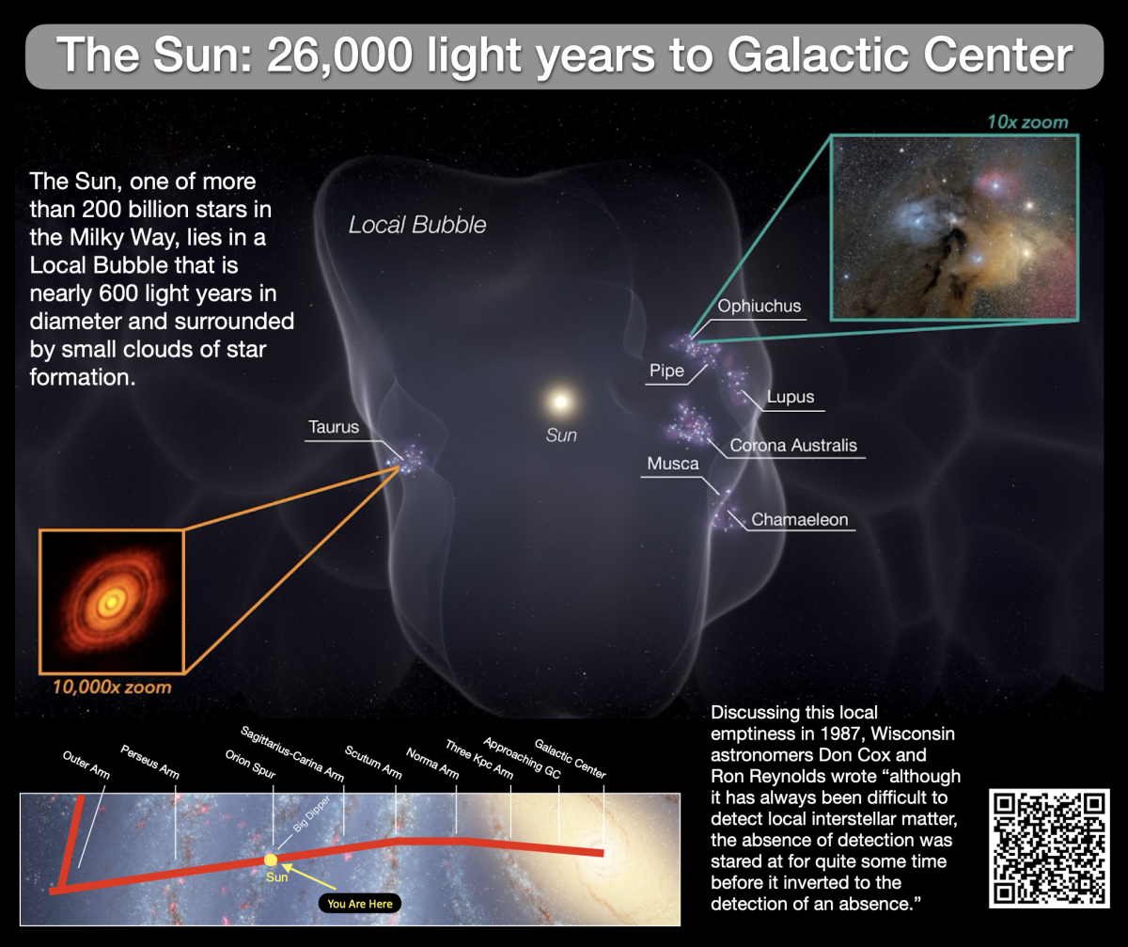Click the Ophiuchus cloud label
[x=760, y=307]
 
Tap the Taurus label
[x=334, y=427]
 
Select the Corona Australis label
[x=793, y=445]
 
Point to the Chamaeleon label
[x=799, y=519]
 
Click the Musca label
[x=673, y=464]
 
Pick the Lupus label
[x=790, y=397]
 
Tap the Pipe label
[x=666, y=371]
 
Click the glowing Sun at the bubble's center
[x=560, y=402]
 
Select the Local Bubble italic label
[x=417, y=226]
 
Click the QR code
[x=1049, y=848]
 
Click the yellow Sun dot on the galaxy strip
[x=272, y=860]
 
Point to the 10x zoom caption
[x=1027, y=122]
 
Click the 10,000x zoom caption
[x=112, y=687]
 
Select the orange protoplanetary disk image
[x=111, y=601]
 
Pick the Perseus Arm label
[x=149, y=763]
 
